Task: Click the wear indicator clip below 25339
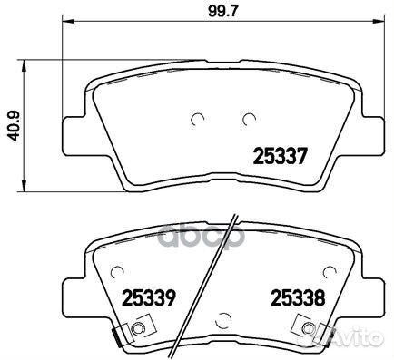click(137, 329)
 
